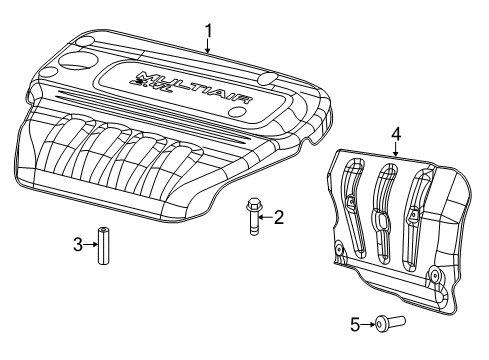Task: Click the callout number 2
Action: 279,216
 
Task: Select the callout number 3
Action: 78,244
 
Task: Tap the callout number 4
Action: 396,133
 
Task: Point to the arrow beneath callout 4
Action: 396,152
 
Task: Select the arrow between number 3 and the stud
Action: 91,244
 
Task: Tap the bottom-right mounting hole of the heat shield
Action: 433,274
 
